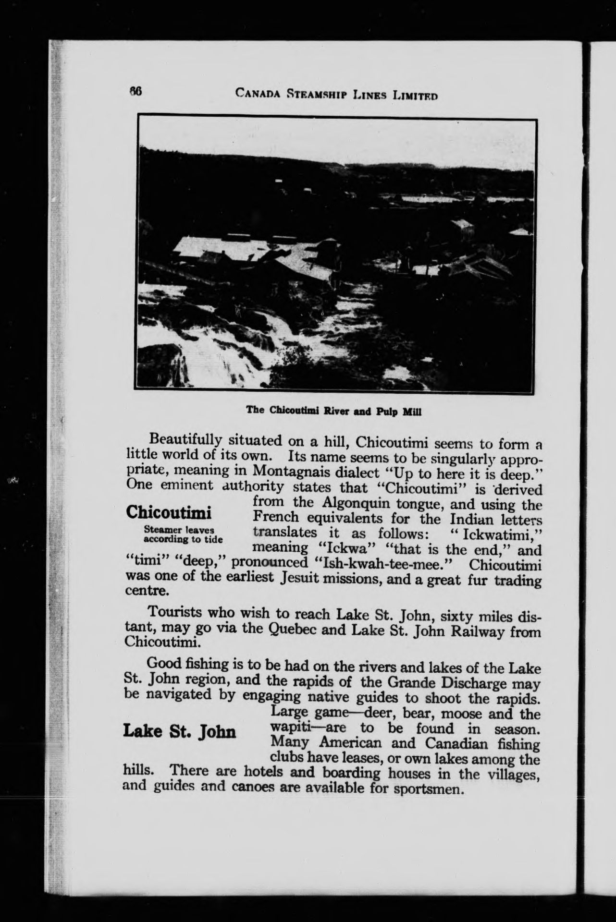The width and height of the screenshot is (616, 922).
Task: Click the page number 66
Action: pyautogui.click(x=135, y=91)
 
